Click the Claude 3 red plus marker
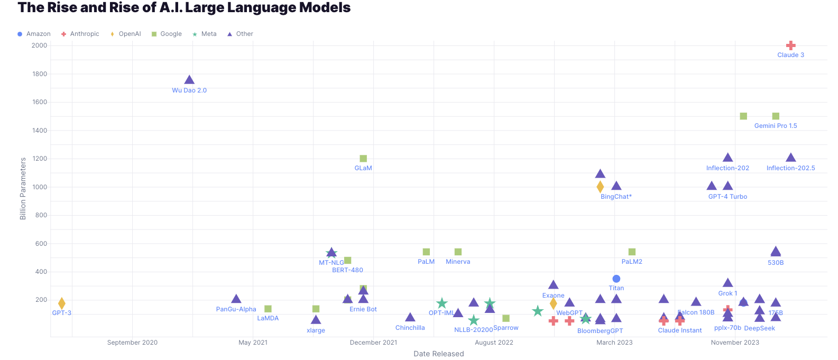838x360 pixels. (x=790, y=45)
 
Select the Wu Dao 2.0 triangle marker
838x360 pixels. (x=189, y=80)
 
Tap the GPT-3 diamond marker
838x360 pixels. (x=62, y=303)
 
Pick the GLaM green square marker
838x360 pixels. (x=363, y=159)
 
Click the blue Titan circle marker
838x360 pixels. (x=616, y=279)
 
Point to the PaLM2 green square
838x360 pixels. (x=632, y=252)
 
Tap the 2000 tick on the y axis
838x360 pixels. (x=40, y=45)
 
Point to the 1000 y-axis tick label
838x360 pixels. (x=40, y=187)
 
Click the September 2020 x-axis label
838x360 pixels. (x=132, y=343)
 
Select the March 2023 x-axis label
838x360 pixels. (x=614, y=343)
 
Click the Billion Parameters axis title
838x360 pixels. (x=23, y=189)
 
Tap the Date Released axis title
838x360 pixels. (x=439, y=354)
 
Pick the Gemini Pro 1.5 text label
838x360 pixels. (x=776, y=126)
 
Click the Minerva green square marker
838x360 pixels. (x=458, y=252)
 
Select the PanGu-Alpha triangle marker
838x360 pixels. (x=236, y=299)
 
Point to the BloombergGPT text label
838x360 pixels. (x=600, y=331)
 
